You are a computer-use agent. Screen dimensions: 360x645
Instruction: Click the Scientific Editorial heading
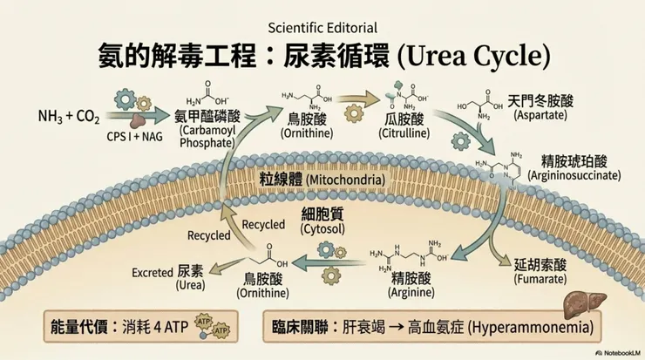tap(322, 26)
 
